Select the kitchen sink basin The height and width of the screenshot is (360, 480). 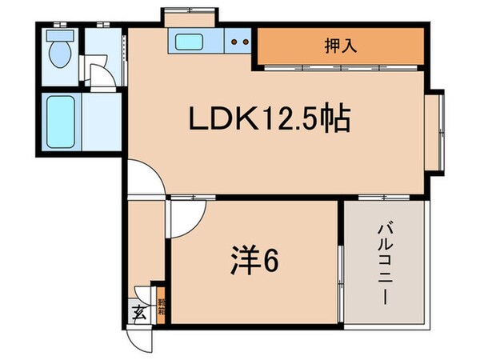pyautogui.click(x=189, y=42)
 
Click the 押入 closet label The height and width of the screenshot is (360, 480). pyautogui.click(x=339, y=46)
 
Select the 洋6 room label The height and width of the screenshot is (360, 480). pyautogui.click(x=256, y=263)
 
